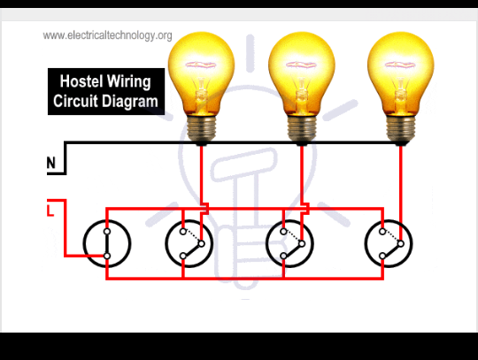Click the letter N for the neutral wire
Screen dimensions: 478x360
(51, 163)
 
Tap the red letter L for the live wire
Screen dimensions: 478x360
(50, 211)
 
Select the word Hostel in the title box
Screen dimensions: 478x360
(81, 81)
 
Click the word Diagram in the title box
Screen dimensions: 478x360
(131, 102)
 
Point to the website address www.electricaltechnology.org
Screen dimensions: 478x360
(107, 35)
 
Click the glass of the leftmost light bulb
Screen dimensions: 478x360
(201, 73)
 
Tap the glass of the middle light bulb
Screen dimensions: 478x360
(302, 73)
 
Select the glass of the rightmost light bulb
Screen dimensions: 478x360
(401, 73)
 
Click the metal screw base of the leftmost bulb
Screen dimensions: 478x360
(201, 129)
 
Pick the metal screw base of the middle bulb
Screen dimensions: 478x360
(302, 129)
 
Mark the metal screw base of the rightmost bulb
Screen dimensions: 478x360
(401, 129)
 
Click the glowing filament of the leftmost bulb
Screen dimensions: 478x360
(201, 65)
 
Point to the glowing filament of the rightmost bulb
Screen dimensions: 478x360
(400, 65)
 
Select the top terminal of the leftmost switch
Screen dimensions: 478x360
(107, 232)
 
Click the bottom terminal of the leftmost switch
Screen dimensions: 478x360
(107, 257)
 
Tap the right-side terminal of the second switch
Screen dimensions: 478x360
(202, 243)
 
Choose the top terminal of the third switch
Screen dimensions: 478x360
(283, 232)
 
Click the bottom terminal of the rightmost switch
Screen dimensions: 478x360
(382, 257)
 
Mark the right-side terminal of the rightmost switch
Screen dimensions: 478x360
(401, 243)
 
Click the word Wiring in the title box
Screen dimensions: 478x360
(128, 82)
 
